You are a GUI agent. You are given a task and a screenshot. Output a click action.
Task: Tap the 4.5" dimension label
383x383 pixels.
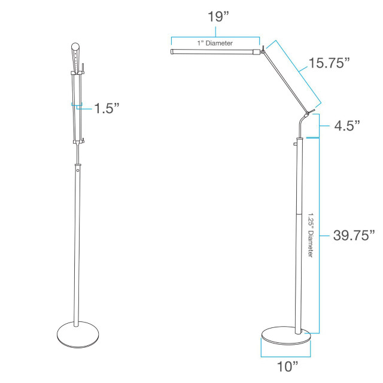pyautogui.click(x=347, y=126)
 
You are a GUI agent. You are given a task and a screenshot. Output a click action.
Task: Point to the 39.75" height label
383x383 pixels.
pyautogui.click(x=354, y=235)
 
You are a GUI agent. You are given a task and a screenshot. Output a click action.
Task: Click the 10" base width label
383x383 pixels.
pyautogui.click(x=287, y=365)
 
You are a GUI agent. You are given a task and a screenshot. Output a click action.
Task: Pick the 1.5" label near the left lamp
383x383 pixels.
pyautogui.click(x=107, y=108)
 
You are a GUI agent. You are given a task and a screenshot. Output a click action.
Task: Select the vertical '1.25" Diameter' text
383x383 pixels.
pyautogui.click(x=311, y=236)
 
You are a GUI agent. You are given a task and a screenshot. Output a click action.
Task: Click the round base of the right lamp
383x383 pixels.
pyautogui.click(x=287, y=336)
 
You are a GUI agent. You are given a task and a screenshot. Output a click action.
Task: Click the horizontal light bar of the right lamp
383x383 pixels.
pyautogui.click(x=215, y=53)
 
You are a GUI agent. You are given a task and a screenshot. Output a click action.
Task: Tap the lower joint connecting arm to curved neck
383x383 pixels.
pyautogui.click(x=308, y=113)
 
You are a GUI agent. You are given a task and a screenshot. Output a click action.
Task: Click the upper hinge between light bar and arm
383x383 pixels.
pyautogui.click(x=262, y=51)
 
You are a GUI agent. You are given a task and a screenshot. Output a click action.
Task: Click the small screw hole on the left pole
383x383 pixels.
pyautogui.click(x=78, y=172)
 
